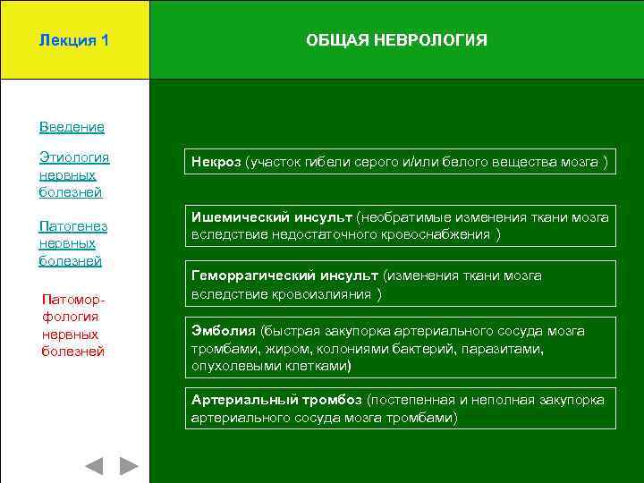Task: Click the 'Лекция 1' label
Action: tap(74, 40)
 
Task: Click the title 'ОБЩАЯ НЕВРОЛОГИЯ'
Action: tap(396, 40)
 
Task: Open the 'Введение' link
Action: tap(72, 127)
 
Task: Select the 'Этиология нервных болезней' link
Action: tap(73, 174)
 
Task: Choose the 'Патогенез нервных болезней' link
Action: tap(72, 242)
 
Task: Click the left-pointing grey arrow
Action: tap(93, 466)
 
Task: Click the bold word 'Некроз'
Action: tap(216, 162)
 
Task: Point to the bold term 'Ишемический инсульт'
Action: tap(271, 217)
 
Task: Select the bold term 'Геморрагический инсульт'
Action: tap(285, 275)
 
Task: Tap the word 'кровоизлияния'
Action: tap(327, 293)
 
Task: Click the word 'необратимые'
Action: tap(405, 217)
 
